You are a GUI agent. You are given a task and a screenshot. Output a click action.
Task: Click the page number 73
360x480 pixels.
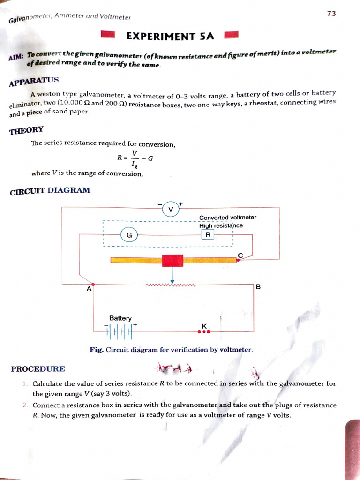point(331,14)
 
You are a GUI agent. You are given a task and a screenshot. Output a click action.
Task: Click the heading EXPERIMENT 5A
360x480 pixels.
point(170,36)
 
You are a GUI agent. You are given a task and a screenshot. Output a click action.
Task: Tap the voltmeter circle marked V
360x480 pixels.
point(171,209)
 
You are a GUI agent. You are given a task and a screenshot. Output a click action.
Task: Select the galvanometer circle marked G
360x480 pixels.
point(129,234)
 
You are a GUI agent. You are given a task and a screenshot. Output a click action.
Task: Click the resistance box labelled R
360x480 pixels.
point(208,234)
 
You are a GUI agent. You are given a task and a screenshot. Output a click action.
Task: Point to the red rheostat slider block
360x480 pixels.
point(172,260)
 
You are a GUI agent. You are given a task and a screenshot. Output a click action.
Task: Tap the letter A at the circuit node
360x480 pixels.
point(89,289)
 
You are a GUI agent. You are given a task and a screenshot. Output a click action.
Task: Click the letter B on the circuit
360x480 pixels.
point(258,286)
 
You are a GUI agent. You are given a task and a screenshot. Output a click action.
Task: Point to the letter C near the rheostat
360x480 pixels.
point(240,255)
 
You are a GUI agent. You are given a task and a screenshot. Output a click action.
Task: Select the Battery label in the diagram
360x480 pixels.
point(120,318)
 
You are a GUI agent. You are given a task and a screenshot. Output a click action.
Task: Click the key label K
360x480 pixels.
point(204,326)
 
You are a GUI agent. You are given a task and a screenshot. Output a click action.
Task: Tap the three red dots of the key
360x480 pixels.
point(204,332)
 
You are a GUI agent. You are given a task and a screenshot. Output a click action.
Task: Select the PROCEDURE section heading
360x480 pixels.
point(38,369)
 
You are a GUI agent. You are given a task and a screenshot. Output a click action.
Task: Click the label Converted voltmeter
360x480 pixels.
point(228,217)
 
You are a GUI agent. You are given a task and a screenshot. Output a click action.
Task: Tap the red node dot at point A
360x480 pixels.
point(93,285)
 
